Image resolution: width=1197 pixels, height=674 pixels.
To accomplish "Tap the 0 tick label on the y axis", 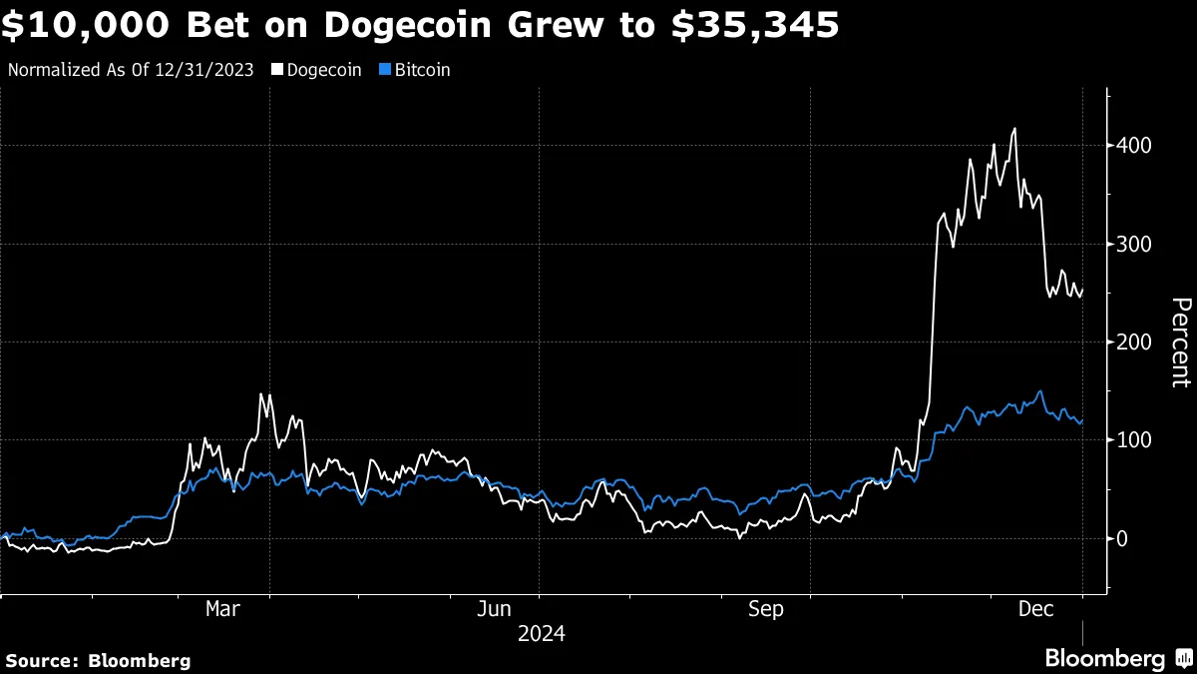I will pos(1122,539).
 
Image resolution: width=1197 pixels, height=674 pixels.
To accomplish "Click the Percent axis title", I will pos(1180,341).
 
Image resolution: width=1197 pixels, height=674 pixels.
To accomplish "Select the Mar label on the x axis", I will pos(221,609).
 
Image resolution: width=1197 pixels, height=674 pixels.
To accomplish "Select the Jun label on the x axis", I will pos(494,609).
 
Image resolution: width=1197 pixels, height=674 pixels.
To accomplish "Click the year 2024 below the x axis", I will pos(542,633).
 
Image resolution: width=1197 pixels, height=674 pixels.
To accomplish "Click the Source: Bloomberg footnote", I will pos(98,660).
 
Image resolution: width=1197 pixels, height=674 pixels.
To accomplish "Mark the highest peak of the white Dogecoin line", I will pos(1014,129).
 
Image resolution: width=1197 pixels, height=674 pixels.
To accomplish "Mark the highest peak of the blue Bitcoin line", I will pos(1040,391).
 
